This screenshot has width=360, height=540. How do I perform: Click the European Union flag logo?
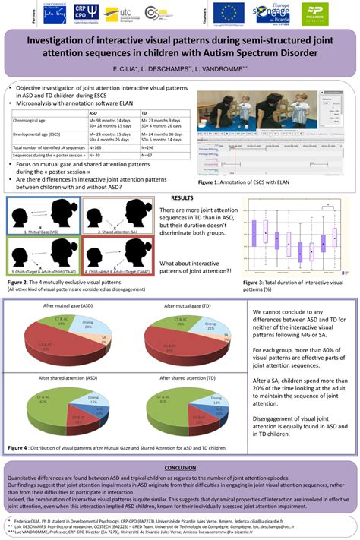pyautogui.click(x=228, y=13)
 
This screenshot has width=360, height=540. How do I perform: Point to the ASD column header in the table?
pyautogui.click(x=95, y=112)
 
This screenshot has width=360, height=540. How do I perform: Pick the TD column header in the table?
pyautogui.click(x=145, y=112)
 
